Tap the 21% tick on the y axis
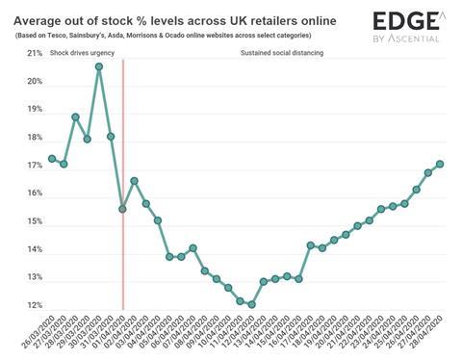click(34, 54)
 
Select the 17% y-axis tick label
click(34, 166)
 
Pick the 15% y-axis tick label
click(34, 221)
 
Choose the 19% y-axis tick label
click(34, 110)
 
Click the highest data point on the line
click(99, 66)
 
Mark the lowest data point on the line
click(251, 304)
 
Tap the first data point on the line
click(52, 159)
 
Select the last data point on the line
click(440, 164)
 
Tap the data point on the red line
click(122, 209)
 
